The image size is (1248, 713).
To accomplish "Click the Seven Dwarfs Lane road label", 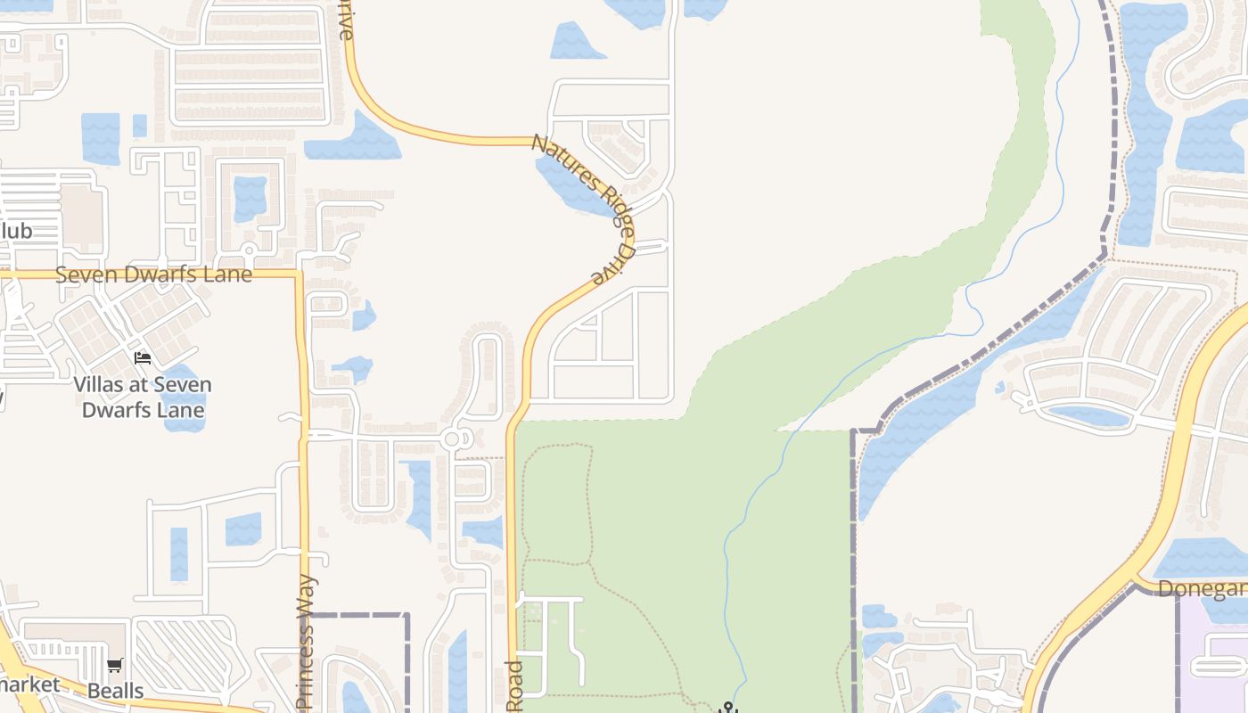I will [153, 275].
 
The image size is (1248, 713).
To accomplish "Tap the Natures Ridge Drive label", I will [584, 208].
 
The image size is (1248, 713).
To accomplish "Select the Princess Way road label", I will [305, 642].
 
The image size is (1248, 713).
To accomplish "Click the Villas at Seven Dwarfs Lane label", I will [143, 397].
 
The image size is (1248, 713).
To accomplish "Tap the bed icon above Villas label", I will [143, 359].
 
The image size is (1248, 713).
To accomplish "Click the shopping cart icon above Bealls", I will [115, 666].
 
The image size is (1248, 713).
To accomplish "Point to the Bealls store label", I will [115, 691].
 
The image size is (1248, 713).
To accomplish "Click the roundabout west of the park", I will [451, 438].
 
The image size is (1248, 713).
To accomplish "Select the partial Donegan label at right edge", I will [1202, 589].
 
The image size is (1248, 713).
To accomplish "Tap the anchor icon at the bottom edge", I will [728, 708].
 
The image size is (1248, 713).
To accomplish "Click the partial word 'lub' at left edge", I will [16, 232].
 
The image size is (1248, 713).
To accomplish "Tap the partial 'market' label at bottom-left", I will [30, 684].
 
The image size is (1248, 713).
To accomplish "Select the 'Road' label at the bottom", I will [513, 686].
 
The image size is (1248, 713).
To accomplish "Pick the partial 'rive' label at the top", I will [346, 20].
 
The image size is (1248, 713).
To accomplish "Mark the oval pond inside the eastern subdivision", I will [1089, 415].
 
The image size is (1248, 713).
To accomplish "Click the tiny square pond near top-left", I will [139, 126].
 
